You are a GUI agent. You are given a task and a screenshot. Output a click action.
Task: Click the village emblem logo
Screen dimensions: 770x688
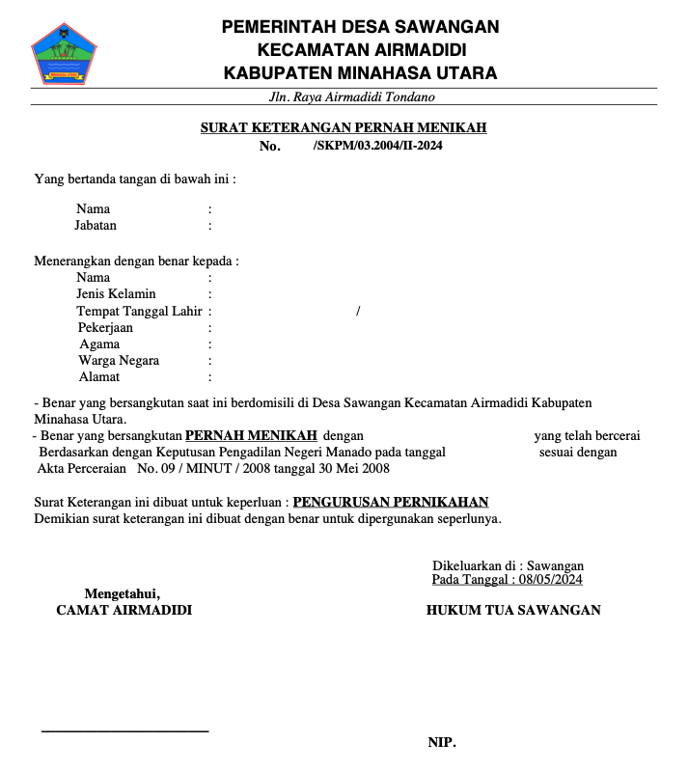coord(65,52)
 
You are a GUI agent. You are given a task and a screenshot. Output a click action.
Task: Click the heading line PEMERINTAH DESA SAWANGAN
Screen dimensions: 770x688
coord(360,27)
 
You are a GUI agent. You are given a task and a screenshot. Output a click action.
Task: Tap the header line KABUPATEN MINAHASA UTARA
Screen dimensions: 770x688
coord(360,72)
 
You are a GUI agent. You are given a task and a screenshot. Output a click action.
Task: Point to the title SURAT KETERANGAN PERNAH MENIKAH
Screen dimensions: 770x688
coord(344,127)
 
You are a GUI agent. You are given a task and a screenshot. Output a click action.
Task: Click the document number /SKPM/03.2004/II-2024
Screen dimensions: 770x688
coord(378,146)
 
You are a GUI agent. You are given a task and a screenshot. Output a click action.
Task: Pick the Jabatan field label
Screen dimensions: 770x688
coord(96,226)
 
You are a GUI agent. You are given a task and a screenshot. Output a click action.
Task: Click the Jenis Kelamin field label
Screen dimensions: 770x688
coord(116,294)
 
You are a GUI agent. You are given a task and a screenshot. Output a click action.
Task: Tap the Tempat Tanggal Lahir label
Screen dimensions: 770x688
coord(139,311)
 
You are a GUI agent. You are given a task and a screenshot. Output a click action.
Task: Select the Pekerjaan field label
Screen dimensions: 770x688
coord(105,328)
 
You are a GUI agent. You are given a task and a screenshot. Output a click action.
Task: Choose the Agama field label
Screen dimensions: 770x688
coord(99,344)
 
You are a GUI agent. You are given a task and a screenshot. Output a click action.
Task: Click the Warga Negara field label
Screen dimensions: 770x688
coord(119,361)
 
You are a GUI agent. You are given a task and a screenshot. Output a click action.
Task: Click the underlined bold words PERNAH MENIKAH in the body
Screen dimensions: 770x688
coord(251,435)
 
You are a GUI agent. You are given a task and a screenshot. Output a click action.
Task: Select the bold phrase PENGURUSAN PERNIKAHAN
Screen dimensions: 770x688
coord(390,502)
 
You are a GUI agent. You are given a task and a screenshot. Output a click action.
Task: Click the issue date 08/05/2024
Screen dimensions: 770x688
coord(550,580)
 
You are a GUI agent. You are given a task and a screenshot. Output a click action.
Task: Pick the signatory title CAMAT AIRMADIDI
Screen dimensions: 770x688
coord(124,610)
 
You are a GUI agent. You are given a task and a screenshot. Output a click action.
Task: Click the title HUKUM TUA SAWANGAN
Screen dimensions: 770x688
coord(513,610)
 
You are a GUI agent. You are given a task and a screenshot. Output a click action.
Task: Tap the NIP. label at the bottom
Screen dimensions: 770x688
coord(442,742)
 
